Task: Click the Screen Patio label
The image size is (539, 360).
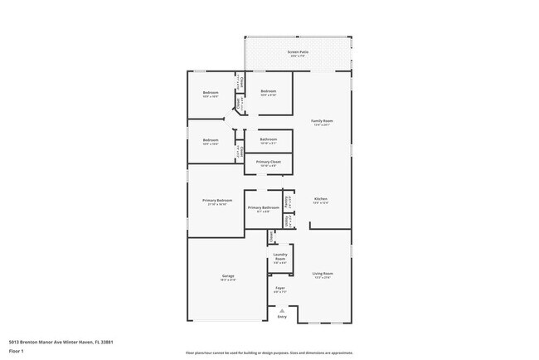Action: click(x=297, y=52)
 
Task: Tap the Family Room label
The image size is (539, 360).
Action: click(x=321, y=122)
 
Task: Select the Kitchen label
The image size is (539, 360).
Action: click(x=321, y=199)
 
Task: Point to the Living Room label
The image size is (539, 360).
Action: click(x=323, y=274)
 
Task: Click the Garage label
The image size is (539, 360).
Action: click(x=227, y=276)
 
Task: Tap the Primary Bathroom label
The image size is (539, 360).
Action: click(x=263, y=207)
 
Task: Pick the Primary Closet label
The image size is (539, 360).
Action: click(x=269, y=162)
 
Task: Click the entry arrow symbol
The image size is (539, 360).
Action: click(x=282, y=310)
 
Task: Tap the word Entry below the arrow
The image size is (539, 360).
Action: click(x=282, y=317)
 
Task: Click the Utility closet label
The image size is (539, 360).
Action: click(x=288, y=221)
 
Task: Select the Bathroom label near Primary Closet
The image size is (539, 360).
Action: click(x=269, y=139)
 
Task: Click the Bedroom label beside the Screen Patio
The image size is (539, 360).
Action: click(x=269, y=92)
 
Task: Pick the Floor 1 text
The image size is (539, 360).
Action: click(x=17, y=352)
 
